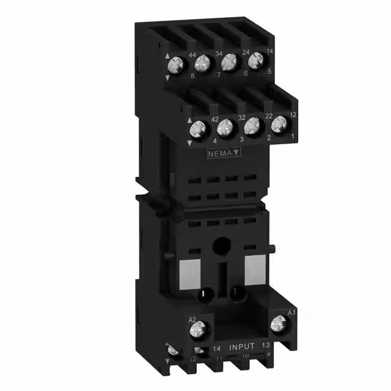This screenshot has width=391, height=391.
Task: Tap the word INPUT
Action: [242, 346]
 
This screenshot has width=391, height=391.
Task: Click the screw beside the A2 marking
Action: [200, 332]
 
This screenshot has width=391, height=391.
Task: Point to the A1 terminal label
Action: [291, 313]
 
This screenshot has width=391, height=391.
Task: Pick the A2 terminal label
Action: [192, 320]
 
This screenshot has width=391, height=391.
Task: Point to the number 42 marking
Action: [197, 120]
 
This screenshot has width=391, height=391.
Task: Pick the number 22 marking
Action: [251, 116]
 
